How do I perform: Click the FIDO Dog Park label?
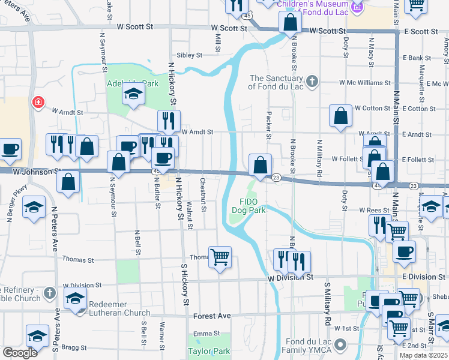click(x=249, y=206)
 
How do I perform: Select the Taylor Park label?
click(x=209, y=351)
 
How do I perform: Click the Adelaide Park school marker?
click(x=133, y=94)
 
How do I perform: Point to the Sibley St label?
click(x=189, y=55)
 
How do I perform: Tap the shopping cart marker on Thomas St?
click(x=220, y=257)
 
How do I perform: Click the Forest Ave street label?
click(x=212, y=316)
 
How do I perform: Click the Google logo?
click(x=20, y=353)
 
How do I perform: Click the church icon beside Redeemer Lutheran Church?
click(x=50, y=293)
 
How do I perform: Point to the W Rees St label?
click(x=375, y=210)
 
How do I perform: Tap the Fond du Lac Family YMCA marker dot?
click(x=341, y=344)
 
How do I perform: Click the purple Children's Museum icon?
click(x=358, y=8)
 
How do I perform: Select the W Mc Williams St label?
click(x=364, y=83)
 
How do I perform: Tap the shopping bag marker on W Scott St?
click(x=290, y=23)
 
